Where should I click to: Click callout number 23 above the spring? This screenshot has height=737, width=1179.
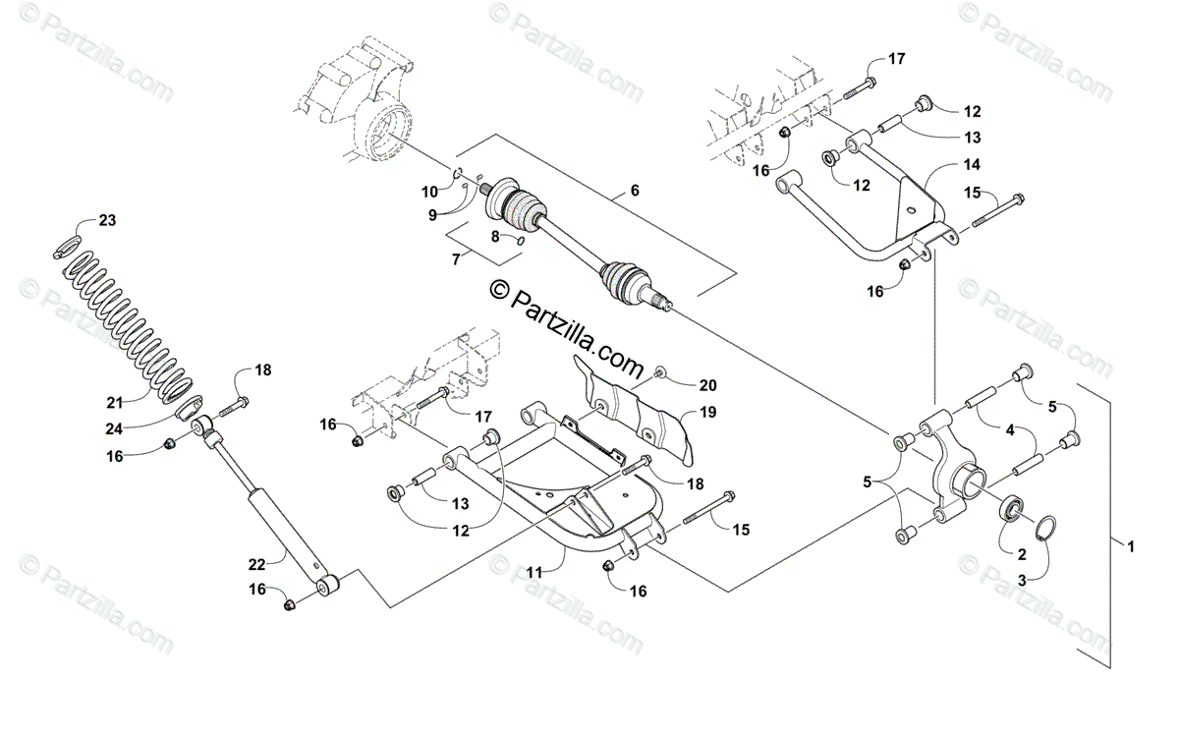click(x=107, y=220)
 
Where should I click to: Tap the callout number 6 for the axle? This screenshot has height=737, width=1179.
click(x=635, y=191)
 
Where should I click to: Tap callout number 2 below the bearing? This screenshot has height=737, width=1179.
click(x=1022, y=553)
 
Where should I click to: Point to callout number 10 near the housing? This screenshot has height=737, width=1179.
click(x=430, y=191)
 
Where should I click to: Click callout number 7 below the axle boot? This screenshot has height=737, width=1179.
click(x=455, y=259)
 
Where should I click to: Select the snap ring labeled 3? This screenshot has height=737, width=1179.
click(x=1046, y=526)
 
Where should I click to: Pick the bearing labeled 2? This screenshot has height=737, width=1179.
click(x=1011, y=510)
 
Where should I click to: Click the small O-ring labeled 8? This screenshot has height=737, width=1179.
click(x=520, y=238)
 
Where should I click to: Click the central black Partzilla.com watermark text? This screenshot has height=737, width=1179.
click(x=570, y=320)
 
